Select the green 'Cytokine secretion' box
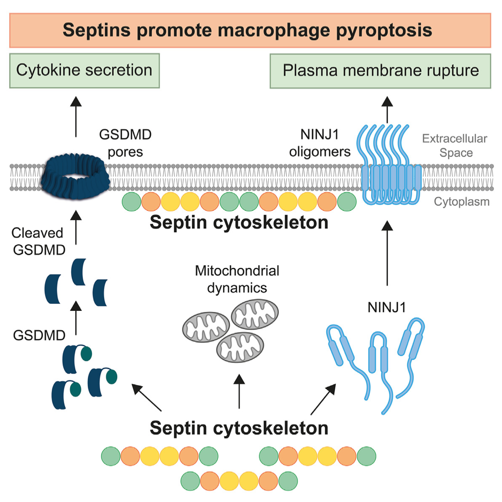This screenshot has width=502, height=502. tap(84, 70)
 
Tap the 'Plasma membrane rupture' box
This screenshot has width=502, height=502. tap(381, 70)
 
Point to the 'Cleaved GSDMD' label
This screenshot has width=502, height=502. tap(39, 242)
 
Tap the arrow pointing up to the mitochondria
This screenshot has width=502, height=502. tap(238, 390)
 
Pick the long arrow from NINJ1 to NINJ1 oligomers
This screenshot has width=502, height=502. tap(388, 252)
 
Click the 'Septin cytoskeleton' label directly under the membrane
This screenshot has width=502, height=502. tap(239, 222)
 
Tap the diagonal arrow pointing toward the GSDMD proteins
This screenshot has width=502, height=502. tap(146, 397)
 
